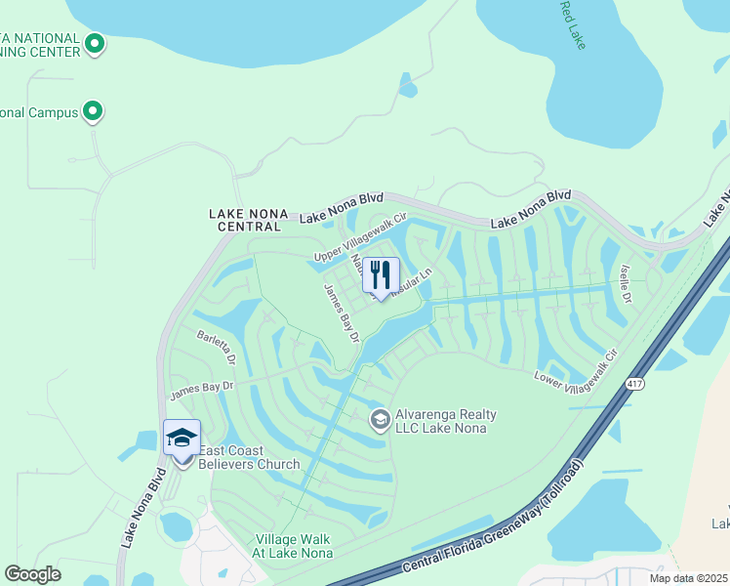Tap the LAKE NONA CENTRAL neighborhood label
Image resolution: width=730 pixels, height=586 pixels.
click(x=244, y=219)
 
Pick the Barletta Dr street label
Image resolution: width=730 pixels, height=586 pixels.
click(x=217, y=347)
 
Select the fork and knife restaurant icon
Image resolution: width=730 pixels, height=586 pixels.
click(x=381, y=275)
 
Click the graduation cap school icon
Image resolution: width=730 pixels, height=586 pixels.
click(x=182, y=438)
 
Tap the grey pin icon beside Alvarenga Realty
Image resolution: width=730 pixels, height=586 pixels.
click(x=380, y=420)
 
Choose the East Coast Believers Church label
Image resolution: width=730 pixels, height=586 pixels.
click(x=249, y=457)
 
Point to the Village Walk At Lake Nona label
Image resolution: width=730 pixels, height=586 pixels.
click(x=294, y=546)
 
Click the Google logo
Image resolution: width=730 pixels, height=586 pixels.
click(x=32, y=574)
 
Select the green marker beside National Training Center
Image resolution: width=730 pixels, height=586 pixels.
click(x=95, y=43)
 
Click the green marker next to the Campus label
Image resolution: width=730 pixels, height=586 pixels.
click(x=93, y=112)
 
